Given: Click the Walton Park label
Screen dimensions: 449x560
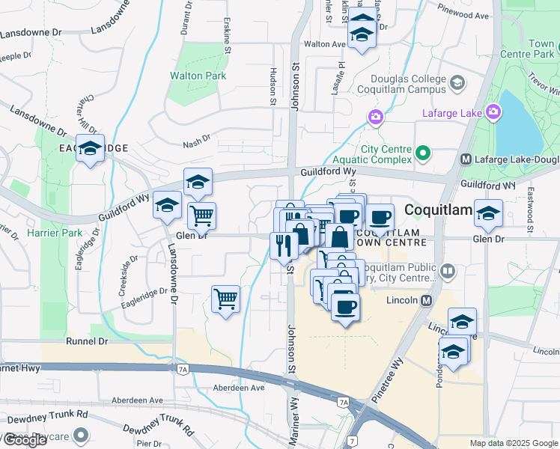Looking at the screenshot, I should (x=198, y=76).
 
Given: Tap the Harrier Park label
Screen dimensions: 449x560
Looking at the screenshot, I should (x=54, y=233).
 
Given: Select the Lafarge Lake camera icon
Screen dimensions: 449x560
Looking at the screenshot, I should (x=493, y=113).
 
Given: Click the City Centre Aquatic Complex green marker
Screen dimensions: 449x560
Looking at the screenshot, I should (x=423, y=154).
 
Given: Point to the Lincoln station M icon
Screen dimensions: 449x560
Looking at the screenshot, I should (x=427, y=301).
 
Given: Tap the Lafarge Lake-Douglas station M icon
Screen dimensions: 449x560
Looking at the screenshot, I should (x=466, y=159).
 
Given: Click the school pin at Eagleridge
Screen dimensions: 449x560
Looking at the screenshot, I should (x=90, y=149).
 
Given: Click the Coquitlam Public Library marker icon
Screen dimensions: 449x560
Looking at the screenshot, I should (x=448, y=270).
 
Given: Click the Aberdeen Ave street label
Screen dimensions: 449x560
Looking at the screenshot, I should (x=239, y=388).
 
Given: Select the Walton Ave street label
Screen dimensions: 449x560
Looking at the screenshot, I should (x=323, y=44).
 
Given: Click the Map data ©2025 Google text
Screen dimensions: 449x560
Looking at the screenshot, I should (x=513, y=443).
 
